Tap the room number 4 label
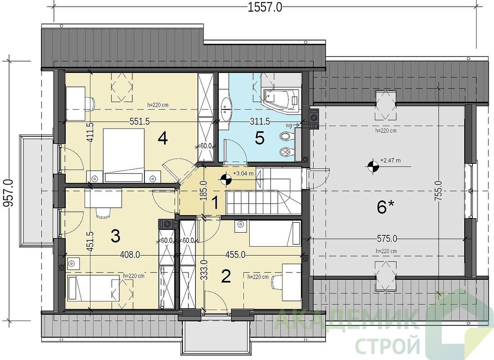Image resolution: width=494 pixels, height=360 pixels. click(x=163, y=138)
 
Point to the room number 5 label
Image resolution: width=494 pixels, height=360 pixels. click(x=259, y=138)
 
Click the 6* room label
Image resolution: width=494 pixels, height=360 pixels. click(x=385, y=207)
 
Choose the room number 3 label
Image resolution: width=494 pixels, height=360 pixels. click(x=115, y=236)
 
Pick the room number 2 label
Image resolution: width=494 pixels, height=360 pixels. click(x=226, y=276)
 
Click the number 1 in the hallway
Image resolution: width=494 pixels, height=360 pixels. click(x=215, y=203)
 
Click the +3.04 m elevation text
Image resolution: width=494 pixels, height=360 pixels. click(x=243, y=173)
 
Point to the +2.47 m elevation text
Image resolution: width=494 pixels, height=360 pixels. click(x=391, y=161)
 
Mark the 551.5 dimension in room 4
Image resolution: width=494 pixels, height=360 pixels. click(x=139, y=121)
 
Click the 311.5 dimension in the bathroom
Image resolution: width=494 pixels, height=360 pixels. click(x=259, y=121)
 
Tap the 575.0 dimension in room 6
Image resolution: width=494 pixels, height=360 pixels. click(x=387, y=239)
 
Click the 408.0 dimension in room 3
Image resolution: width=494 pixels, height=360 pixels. click(x=130, y=255)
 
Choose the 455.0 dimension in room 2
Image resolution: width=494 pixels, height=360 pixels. click(x=235, y=255)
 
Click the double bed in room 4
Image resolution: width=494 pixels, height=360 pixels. click(x=124, y=156)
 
